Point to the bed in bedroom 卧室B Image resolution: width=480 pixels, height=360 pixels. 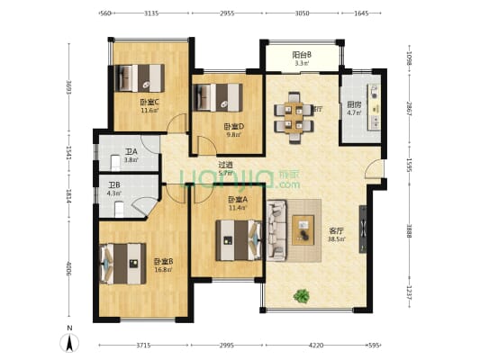pyautogui.click(x=122, y=264)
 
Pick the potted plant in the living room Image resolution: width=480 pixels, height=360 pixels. pyautogui.click(x=302, y=294)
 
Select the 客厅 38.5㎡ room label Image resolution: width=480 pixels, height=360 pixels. pyautogui.click(x=335, y=233)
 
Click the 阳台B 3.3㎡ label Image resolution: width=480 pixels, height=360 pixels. pyautogui.click(x=302, y=59)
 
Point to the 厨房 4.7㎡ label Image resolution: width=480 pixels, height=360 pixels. pyautogui.click(x=354, y=109)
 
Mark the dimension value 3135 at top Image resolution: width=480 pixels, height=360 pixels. pyautogui.click(x=150, y=13)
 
